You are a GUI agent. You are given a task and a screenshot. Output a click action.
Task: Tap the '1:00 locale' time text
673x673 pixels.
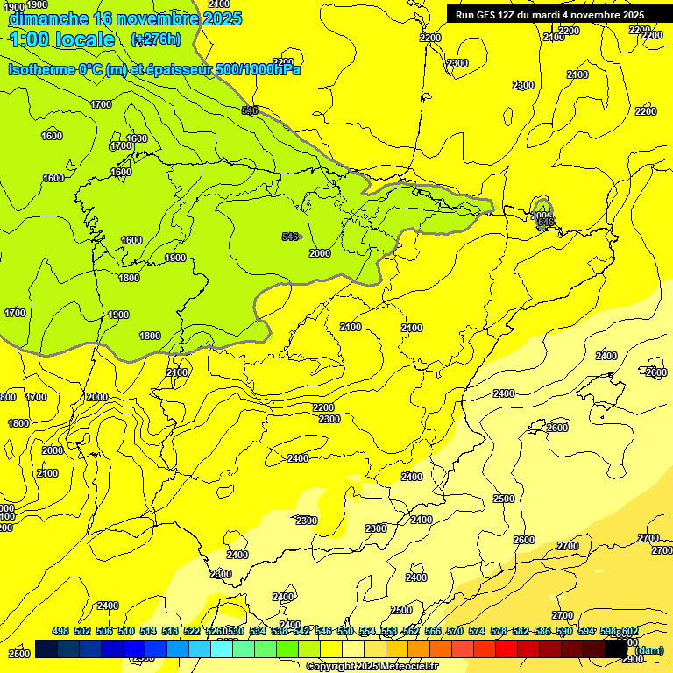[62, 39]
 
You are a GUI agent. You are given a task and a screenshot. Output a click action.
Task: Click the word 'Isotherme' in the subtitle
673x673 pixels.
[40, 69]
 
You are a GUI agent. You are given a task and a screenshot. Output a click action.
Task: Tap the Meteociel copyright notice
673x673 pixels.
[372, 666]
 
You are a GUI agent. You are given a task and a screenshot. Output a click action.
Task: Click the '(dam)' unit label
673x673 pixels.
[648, 649]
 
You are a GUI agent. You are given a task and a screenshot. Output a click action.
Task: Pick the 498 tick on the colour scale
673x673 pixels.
[60, 631]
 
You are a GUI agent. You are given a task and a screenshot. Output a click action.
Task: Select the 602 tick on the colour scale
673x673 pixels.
[630, 631]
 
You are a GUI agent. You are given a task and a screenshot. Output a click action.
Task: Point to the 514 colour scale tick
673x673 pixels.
[148, 631]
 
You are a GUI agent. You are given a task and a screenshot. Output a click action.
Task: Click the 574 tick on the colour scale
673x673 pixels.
[477, 631]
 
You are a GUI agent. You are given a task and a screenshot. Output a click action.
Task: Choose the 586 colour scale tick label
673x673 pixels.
[542, 631]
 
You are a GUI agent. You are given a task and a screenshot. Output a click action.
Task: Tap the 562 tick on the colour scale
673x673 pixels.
[411, 631]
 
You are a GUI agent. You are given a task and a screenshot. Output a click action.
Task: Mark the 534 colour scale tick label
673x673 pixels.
[258, 631]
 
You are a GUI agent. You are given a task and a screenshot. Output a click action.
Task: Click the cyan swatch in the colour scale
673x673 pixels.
[222, 649]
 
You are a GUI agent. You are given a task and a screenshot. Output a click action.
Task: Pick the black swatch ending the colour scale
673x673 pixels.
[616, 649]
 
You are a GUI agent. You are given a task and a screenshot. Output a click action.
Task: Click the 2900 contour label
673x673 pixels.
[632, 658]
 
